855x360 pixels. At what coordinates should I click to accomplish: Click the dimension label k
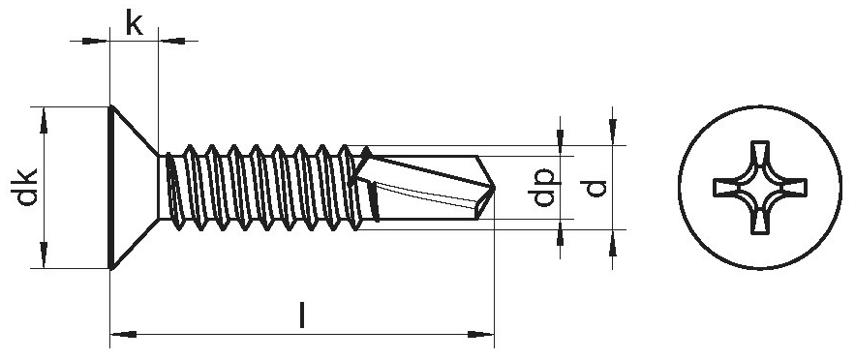[x=135, y=23]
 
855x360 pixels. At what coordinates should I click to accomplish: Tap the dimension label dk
[x=26, y=187]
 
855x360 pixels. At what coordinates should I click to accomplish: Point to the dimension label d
[x=596, y=188]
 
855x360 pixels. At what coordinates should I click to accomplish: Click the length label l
[x=302, y=315]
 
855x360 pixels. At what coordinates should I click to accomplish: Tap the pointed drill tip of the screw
[x=493, y=188]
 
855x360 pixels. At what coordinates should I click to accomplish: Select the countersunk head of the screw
[x=133, y=188]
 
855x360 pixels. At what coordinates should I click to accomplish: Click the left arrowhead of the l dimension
[x=123, y=334]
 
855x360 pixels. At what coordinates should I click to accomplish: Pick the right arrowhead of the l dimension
[x=480, y=334]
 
